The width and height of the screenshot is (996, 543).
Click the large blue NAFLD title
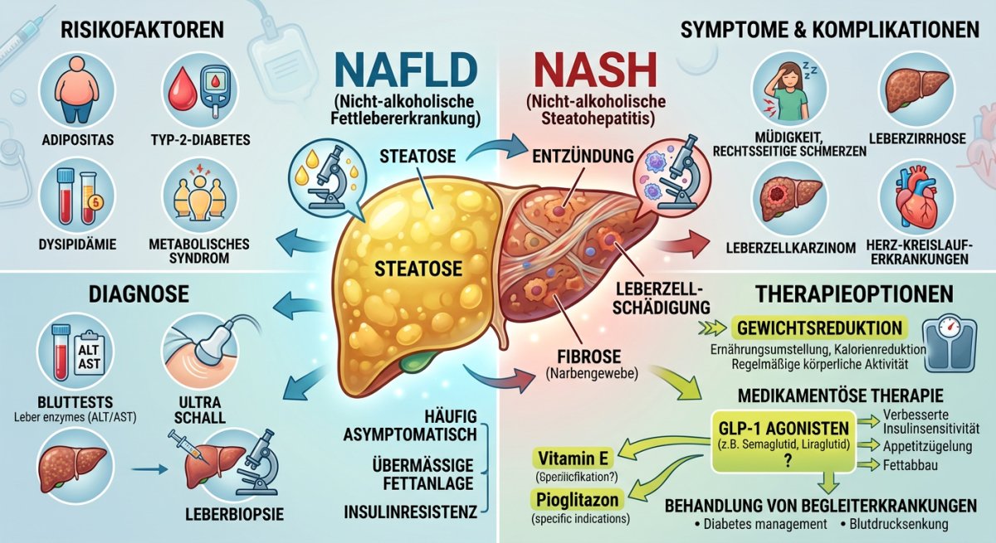(407, 70)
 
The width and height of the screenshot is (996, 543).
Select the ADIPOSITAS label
(78, 140)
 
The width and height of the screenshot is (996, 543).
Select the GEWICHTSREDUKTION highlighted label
(819, 327)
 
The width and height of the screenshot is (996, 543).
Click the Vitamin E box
(574, 458)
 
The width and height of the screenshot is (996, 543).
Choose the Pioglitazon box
(577, 500)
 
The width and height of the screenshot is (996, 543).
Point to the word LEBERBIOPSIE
(234, 514)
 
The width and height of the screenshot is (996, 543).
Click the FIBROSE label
(589, 356)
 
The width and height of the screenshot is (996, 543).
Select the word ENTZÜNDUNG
(583, 156)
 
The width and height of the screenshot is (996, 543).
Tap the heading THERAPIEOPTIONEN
(854, 293)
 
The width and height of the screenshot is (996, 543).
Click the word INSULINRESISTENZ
(410, 511)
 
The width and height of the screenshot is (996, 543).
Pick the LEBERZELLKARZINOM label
(790, 248)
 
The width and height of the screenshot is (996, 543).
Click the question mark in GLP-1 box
(788, 461)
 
